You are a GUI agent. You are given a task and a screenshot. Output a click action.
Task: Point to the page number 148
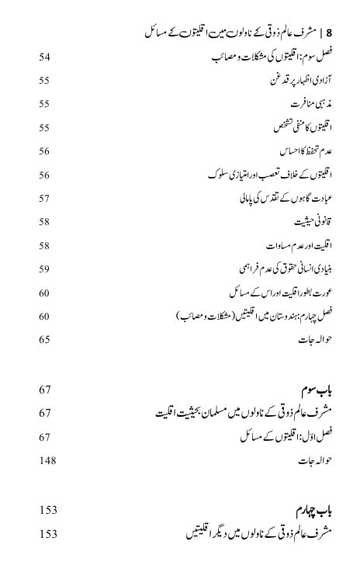point(47,461)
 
